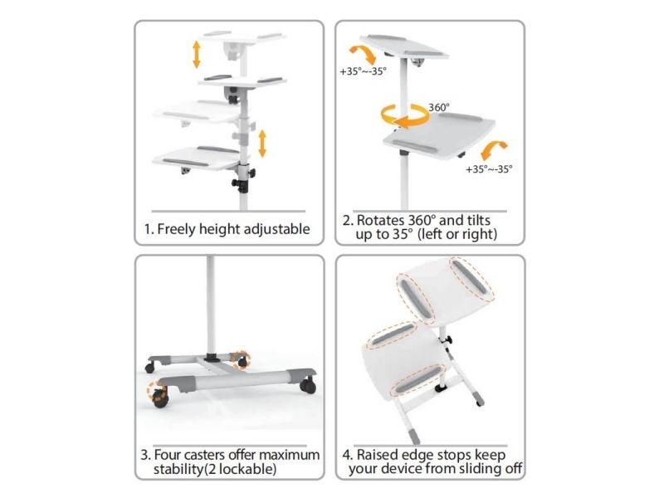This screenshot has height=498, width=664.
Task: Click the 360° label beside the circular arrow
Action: pyautogui.click(x=439, y=108)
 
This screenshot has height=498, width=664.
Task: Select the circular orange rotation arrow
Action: pyautogui.click(x=404, y=115)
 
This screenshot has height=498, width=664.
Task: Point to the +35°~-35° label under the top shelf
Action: pyautogui.click(x=364, y=71)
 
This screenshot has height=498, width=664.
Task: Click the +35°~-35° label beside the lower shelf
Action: pyautogui.click(x=489, y=169)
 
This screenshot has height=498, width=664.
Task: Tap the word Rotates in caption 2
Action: pyautogui.click(x=380, y=220)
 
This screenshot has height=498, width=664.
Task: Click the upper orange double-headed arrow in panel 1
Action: pyautogui.click(x=197, y=54)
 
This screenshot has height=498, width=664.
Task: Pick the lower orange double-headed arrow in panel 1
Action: pyautogui.click(x=262, y=144)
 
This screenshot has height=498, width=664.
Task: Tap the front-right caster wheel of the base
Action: pyautogui.click(x=308, y=386)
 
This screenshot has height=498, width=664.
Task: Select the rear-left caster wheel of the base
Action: pyautogui.click(x=150, y=368)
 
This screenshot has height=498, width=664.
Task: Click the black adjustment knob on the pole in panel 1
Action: pyautogui.click(x=239, y=184)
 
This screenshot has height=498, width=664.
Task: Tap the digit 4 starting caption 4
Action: pyautogui.click(x=346, y=455)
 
